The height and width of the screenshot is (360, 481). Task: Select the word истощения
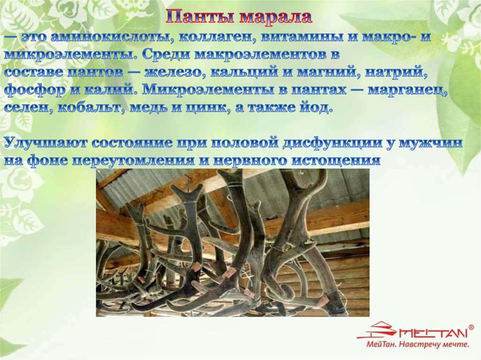coord(336,161)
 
